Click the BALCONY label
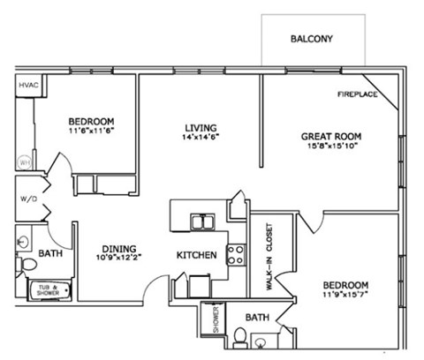pyautogui.click(x=313, y=40)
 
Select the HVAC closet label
pyautogui.click(x=28, y=86)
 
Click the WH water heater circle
pyautogui.click(x=25, y=162)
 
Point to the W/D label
pyautogui.click(x=27, y=199)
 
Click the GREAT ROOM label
pyautogui.click(x=331, y=136)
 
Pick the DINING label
pyautogui.click(x=118, y=249)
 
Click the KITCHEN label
pyautogui.click(x=197, y=255)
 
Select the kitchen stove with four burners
pyautogui.click(x=237, y=255)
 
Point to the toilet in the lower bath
pyautogui.click(x=240, y=337)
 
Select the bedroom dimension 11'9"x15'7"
pyautogui.click(x=344, y=297)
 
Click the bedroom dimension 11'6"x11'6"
pyautogui.click(x=91, y=131)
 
